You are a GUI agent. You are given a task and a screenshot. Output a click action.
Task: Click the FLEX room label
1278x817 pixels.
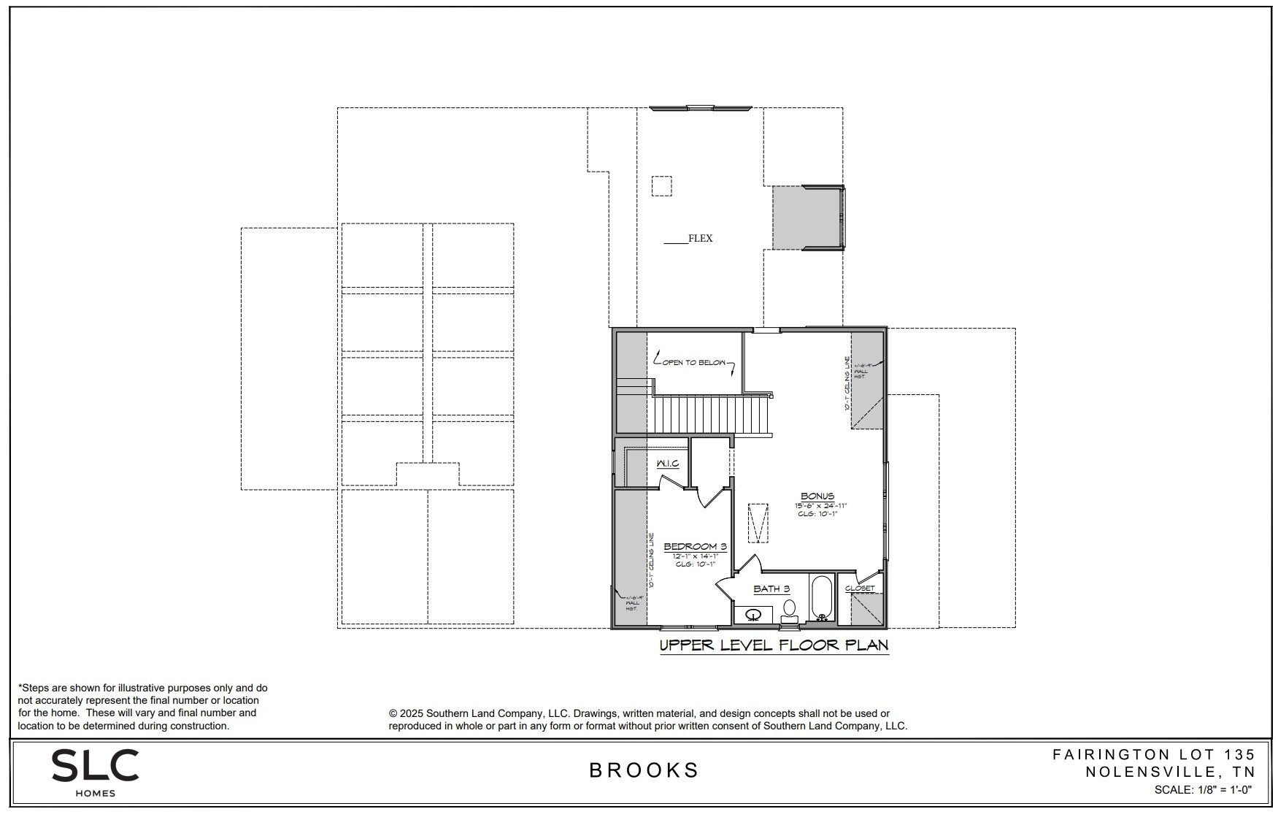pos(700,238)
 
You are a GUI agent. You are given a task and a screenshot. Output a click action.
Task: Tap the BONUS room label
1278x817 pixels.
pos(817,496)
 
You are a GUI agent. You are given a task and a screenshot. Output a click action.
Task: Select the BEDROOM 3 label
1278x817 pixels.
pos(695,546)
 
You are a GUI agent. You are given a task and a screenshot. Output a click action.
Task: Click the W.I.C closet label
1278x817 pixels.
pos(667,464)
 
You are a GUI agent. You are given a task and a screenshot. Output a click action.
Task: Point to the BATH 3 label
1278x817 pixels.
pos(771,588)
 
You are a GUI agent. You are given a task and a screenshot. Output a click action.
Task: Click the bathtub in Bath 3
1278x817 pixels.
pos(822,597)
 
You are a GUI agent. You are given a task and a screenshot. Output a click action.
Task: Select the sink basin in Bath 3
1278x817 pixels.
pos(753,615)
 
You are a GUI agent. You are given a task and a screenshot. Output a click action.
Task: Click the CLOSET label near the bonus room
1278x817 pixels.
pos(860,588)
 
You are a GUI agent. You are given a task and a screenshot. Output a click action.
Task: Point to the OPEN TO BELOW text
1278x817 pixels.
pos(694,362)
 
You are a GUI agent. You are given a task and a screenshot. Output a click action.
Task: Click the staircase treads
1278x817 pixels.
pos(712,415)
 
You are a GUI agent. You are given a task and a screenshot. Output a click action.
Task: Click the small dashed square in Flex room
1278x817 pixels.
pos(661,185)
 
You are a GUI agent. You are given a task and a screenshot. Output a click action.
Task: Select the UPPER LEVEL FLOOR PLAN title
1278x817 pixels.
pos(774,645)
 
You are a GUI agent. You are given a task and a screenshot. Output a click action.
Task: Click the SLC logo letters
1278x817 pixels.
pos(95,766)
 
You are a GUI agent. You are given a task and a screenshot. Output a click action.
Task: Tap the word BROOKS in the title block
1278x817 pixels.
pos(644,770)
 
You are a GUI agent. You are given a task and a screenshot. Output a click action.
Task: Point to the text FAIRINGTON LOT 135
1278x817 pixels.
pos(1153,754)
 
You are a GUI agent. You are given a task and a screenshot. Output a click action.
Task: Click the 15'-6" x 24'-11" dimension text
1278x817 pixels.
pos(820,505)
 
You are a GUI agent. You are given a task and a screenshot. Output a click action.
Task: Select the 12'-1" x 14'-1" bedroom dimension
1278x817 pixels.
pos(695,556)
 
